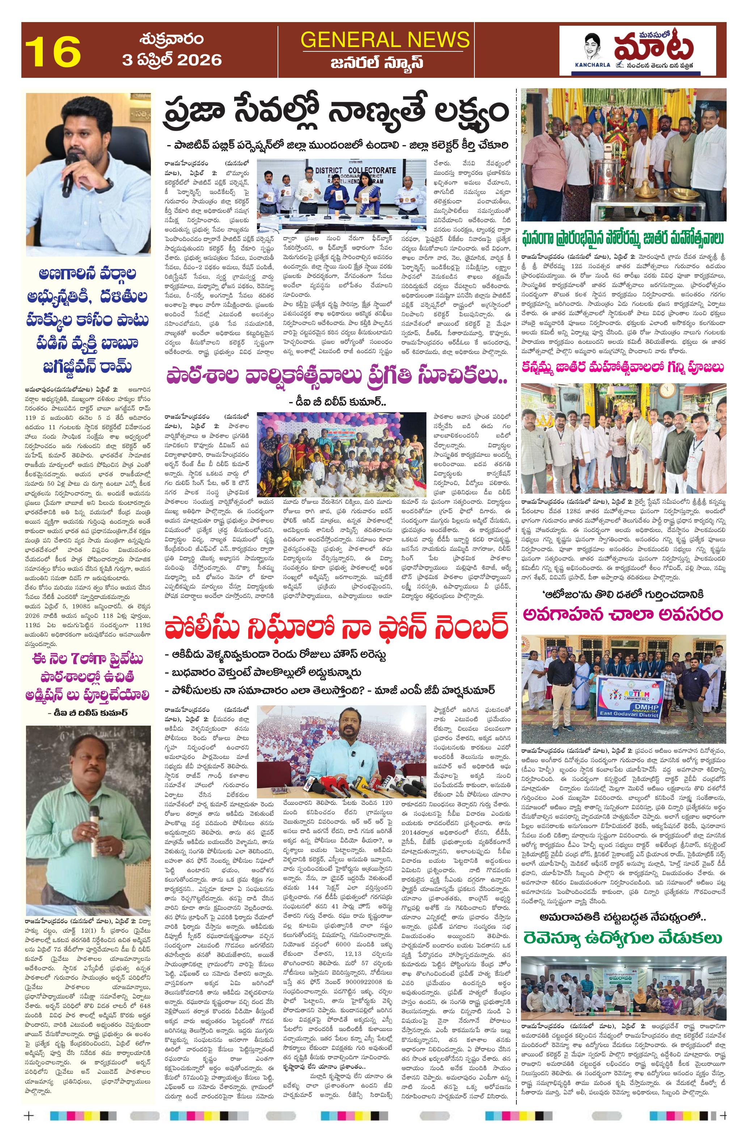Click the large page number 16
click(x=53, y=51)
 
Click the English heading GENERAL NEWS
click(x=385, y=39)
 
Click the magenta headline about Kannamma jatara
click(x=623, y=367)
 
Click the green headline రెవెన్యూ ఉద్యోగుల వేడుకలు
click(x=623, y=937)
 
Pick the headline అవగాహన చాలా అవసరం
click(x=623, y=614)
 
